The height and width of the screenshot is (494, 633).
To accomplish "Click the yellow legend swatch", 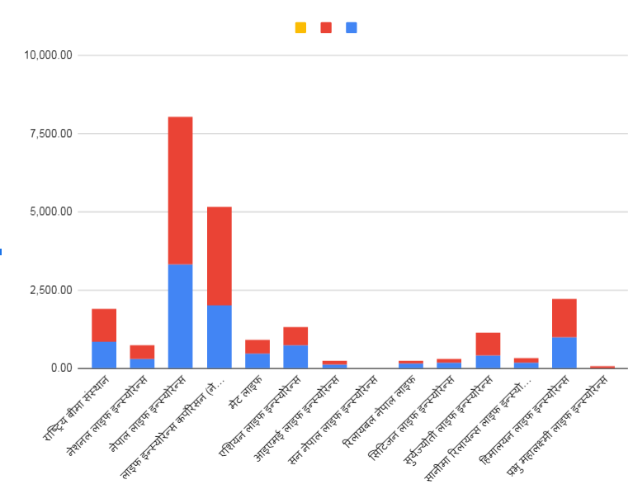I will click(301, 28).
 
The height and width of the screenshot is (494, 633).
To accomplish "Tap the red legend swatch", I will click(326, 28).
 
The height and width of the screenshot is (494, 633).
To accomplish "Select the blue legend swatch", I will click(352, 28).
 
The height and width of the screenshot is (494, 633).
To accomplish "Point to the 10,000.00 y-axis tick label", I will click(49, 55).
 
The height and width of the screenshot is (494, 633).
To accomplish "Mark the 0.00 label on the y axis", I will click(60, 368).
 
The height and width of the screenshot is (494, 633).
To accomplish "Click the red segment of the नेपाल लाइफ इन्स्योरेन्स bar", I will click(180, 190).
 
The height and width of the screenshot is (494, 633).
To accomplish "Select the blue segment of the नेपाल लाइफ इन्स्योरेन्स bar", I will click(180, 316).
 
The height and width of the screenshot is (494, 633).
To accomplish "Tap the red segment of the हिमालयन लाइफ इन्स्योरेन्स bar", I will click(565, 318).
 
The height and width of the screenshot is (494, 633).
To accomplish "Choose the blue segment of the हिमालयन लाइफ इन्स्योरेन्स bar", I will click(565, 353).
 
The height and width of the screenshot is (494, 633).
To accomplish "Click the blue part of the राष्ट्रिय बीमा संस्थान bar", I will click(104, 354).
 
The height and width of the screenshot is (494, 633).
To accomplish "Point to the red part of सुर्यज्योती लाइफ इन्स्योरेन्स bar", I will click(488, 344).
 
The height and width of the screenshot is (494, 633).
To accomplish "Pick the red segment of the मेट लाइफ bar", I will click(257, 346).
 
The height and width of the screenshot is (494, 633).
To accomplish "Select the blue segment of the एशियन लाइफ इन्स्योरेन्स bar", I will click(295, 356).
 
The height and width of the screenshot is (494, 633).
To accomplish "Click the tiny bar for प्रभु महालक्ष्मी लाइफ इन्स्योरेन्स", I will click(602, 367).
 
